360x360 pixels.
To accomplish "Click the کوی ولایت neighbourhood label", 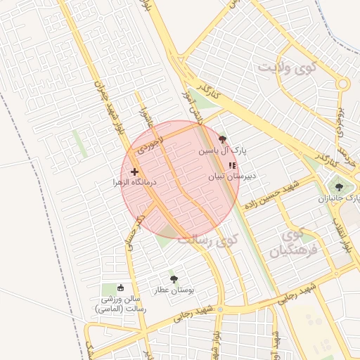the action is pos(289,69).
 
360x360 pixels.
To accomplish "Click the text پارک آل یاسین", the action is pos(223,150).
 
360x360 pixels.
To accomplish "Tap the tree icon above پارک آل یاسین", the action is pos(223,139).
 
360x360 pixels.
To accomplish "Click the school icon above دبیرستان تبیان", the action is pos(233,165).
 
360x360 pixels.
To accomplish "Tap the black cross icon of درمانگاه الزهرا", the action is pos(134,171).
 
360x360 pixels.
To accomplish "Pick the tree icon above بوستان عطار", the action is pos(174,278).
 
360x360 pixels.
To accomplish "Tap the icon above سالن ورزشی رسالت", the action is pos(120,288).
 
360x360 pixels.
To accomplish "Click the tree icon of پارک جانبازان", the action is pos(340,187).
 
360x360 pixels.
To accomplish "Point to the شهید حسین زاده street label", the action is pos(271,195).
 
